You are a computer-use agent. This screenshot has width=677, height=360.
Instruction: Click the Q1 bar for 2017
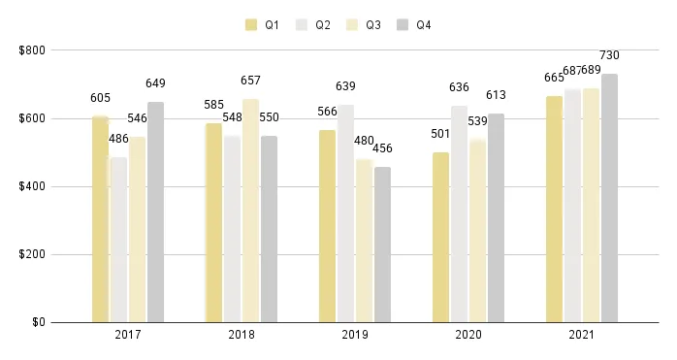coord(100,219)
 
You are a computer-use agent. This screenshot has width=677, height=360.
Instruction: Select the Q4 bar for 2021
coord(609,198)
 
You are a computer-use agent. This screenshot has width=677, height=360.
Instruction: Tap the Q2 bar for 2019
coord(346,213)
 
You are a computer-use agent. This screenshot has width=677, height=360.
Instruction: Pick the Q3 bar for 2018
coord(251,211)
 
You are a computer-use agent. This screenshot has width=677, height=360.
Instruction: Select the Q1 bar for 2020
coord(440,237)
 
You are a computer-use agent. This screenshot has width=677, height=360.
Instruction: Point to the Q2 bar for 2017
coord(118,240)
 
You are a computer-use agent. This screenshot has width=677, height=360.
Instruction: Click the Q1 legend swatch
coord(252,25)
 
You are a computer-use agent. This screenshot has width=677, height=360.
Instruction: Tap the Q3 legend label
coord(373,25)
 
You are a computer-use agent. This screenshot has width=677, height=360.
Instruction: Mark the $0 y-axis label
coord(38,322)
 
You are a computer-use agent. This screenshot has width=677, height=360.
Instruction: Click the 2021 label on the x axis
coord(582,335)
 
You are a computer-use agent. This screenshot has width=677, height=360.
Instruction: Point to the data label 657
coord(251,81)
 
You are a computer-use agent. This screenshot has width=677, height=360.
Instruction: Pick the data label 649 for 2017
coord(156,83)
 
